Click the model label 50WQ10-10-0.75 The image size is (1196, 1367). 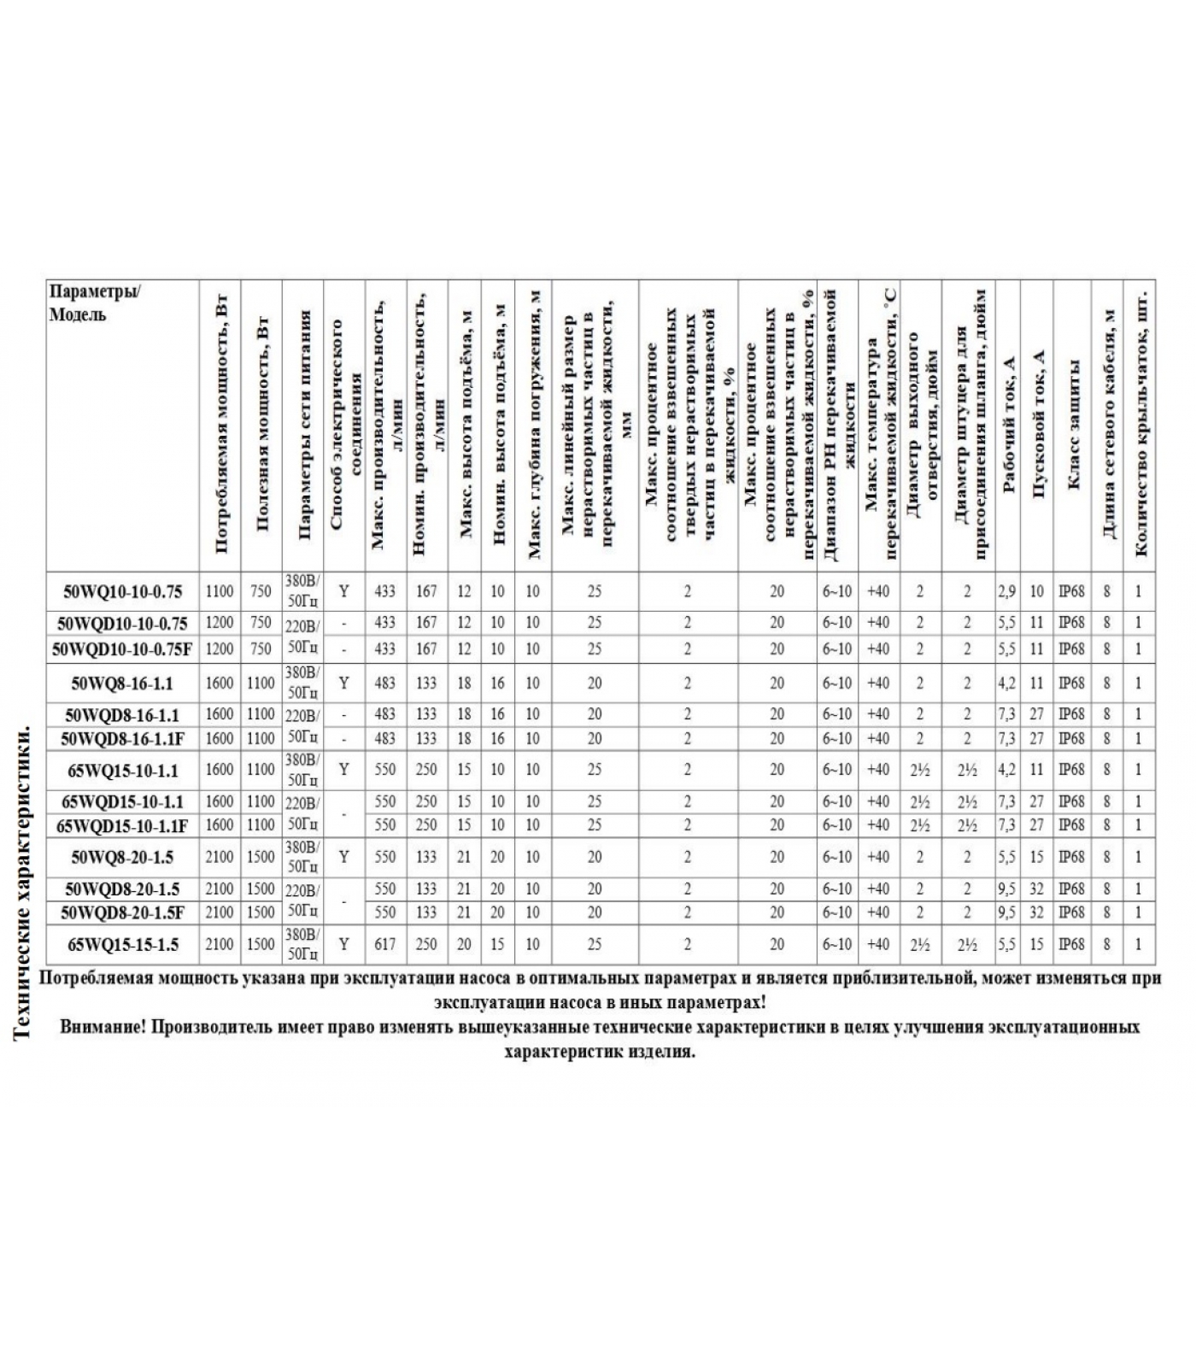coord(122,591)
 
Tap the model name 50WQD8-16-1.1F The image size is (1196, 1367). coord(122,738)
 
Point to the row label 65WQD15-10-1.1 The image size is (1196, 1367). coord(122,801)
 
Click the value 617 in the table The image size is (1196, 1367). coord(385,945)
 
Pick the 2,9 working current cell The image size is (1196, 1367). coord(1007,591)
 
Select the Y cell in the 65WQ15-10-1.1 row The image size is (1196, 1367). coord(344,770)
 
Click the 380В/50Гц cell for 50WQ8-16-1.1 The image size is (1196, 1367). coord(302,683)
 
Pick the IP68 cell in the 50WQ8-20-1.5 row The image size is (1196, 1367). coord(1071,857)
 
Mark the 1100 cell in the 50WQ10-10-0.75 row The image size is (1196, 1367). coord(220,591)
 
